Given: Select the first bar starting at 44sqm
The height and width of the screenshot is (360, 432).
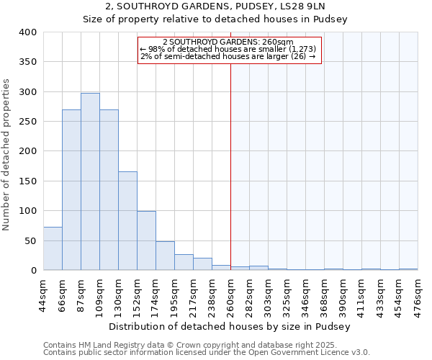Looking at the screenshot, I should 53,248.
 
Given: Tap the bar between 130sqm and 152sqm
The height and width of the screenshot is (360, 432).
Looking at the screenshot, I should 127,220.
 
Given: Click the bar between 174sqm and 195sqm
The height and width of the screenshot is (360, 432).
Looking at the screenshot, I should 165,256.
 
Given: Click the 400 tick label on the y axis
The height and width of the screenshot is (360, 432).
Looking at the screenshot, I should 27,32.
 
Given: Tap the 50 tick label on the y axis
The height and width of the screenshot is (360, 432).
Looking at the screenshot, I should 30,240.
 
